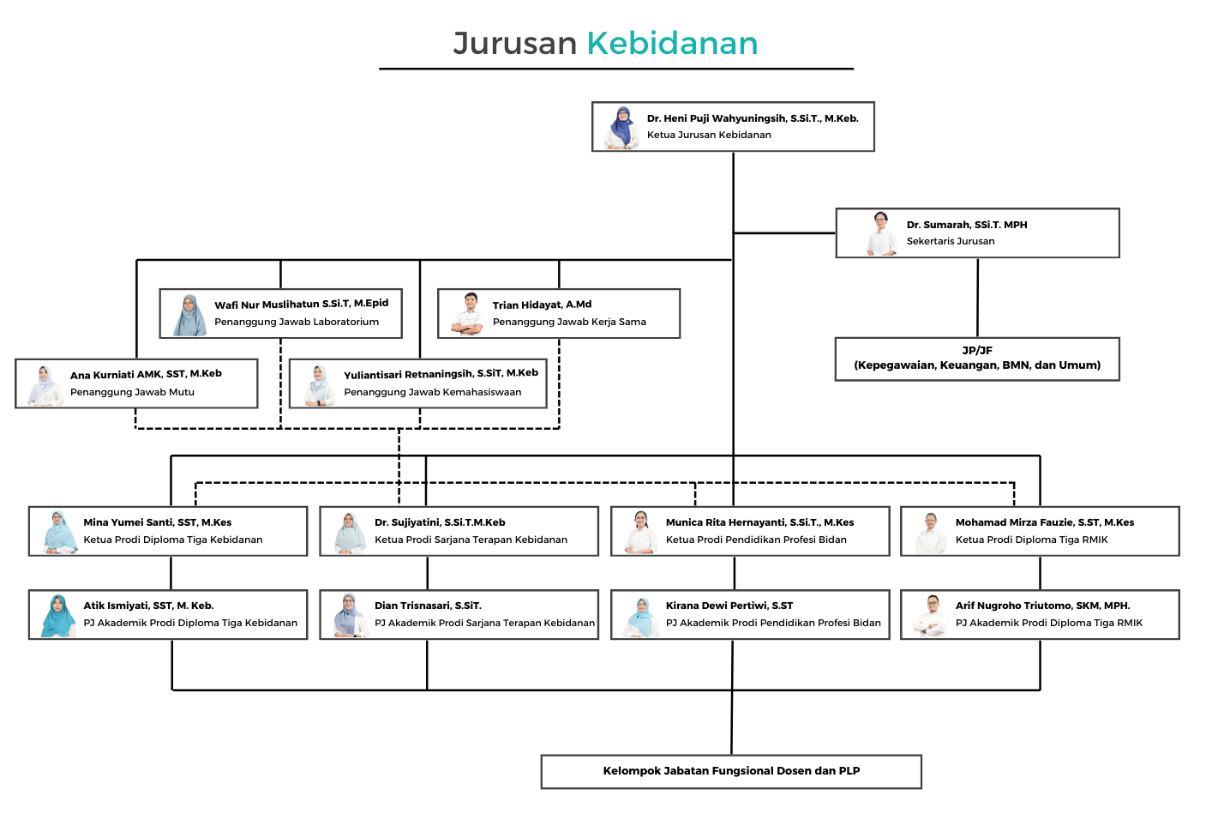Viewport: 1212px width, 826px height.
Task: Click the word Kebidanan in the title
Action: [672, 44]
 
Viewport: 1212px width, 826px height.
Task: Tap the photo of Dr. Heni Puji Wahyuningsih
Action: [622, 128]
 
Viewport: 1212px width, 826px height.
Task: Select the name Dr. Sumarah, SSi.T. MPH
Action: [966, 225]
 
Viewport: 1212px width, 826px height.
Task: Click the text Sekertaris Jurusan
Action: [950, 241]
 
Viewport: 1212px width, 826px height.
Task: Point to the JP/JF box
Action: [977, 359]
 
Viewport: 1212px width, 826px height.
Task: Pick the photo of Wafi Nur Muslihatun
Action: [189, 315]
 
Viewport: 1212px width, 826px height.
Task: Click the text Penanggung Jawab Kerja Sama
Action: [569, 322]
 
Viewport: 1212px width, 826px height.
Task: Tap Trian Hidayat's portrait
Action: [469, 314]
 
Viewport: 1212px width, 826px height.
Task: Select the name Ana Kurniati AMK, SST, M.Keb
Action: [146, 374]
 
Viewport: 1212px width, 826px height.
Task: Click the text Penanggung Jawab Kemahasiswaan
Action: [432, 392]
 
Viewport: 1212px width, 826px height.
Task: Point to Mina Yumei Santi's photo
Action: [58, 533]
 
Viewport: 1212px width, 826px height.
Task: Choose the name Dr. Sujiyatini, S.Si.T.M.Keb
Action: [440, 522]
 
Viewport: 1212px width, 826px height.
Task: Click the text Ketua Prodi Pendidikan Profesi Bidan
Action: [755, 540]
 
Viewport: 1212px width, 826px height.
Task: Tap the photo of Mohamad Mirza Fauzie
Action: [930, 533]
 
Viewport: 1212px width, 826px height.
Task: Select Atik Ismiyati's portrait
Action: [58, 616]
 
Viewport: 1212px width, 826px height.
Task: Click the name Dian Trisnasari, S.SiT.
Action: [428, 606]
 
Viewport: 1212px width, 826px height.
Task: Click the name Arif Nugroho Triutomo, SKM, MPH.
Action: [1042, 606]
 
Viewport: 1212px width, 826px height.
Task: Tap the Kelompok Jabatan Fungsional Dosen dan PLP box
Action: [731, 771]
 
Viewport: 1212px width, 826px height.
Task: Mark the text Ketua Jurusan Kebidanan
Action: [709, 135]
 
